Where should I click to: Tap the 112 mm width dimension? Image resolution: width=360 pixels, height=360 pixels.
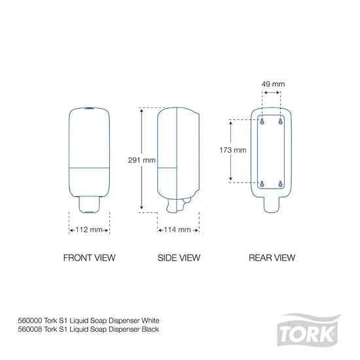(x=89, y=230)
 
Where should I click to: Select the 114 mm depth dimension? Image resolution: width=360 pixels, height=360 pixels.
(x=177, y=230)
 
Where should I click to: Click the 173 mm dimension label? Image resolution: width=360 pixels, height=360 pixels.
(x=232, y=150)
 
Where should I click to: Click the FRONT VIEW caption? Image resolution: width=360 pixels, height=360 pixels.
(x=89, y=258)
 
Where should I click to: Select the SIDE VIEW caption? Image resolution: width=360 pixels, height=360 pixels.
(x=179, y=258)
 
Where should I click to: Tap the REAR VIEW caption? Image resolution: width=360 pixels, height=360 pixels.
(x=272, y=258)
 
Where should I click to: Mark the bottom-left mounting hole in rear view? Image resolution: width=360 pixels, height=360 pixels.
(x=263, y=184)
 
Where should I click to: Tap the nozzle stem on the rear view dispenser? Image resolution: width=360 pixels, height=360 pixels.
(x=272, y=205)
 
